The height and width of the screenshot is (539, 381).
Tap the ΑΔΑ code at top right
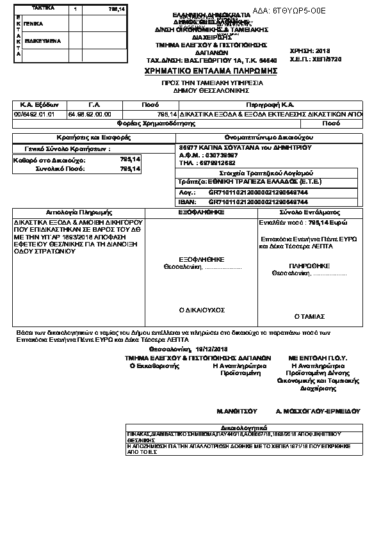pos(298,11)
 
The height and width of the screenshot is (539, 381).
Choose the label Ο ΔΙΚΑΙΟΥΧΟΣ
pos(201,310)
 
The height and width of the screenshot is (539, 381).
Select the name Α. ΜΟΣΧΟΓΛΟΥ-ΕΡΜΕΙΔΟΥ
pos(318,412)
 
